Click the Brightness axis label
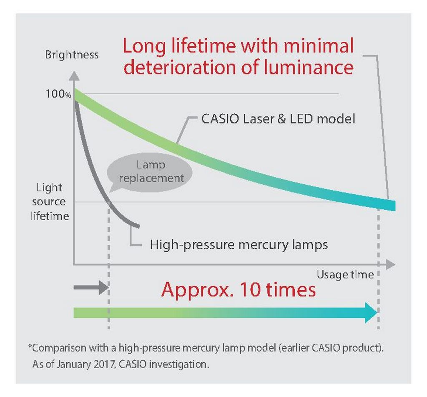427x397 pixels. click(x=72, y=55)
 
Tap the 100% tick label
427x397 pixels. click(x=58, y=94)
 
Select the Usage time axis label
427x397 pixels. click(x=345, y=275)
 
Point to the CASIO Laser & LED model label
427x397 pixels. click(x=278, y=119)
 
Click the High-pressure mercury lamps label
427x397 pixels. click(x=239, y=244)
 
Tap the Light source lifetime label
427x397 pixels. click(x=50, y=202)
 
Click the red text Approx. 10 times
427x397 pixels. click(x=239, y=289)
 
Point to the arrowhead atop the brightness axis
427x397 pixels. click(x=74, y=76)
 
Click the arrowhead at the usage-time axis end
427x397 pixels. click(x=390, y=264)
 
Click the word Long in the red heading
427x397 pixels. click(x=144, y=46)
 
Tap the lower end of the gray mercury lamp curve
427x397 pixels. click(x=138, y=226)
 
